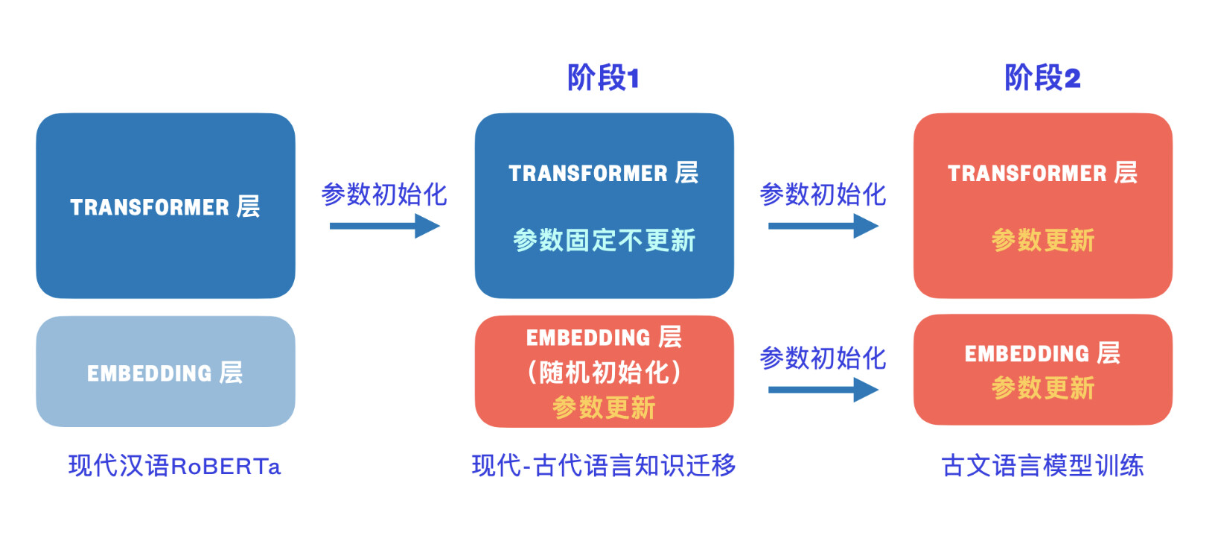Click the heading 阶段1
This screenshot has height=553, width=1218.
[603, 78]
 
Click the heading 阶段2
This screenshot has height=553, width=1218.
[1042, 78]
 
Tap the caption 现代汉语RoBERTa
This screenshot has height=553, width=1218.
[174, 466]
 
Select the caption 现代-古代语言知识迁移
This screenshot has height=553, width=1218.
[604, 466]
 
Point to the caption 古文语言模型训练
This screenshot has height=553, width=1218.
[1042, 466]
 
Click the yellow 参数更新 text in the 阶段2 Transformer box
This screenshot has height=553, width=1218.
[1042, 240]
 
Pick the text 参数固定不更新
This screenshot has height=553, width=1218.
[604, 240]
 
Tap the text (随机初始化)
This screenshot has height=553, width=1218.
[604, 372]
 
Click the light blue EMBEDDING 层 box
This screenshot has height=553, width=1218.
[165, 372]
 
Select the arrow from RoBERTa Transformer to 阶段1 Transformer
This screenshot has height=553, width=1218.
[384, 226]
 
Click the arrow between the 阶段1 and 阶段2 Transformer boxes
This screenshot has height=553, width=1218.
[823, 226]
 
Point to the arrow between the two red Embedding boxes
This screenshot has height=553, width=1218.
[823, 389]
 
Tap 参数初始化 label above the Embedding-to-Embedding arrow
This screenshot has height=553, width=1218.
[823, 358]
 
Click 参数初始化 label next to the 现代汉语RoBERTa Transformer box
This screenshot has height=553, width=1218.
[384, 195]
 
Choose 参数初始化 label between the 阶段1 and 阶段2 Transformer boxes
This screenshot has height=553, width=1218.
[823, 195]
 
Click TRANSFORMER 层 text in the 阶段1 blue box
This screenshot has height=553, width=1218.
[604, 173]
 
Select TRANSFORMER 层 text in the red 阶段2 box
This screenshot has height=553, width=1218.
[1042, 173]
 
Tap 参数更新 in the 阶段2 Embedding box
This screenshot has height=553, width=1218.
[1042, 388]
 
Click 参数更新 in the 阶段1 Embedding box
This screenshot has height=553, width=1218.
[604, 408]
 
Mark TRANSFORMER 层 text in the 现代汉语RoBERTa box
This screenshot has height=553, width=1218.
[165, 206]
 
